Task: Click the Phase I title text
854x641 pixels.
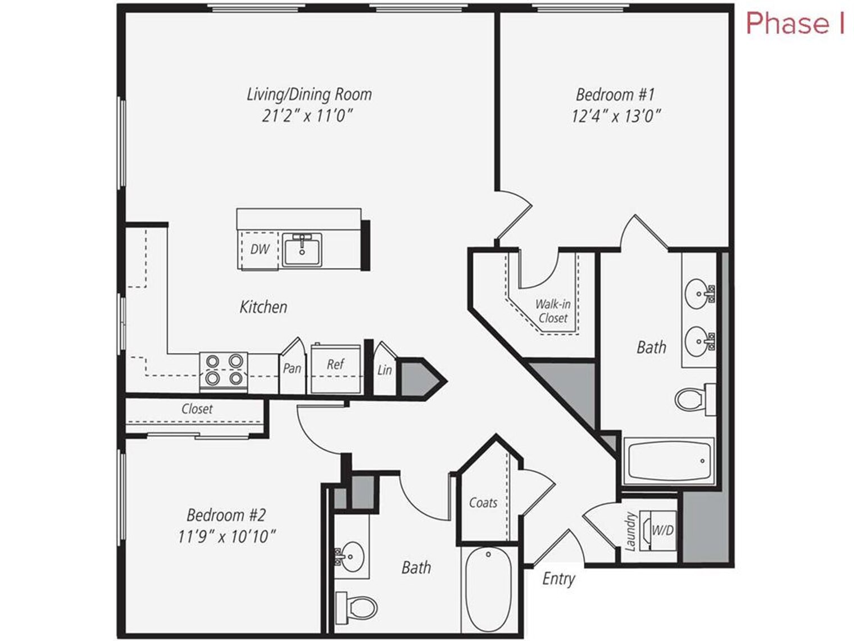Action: point(794,24)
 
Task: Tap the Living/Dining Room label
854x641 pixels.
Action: point(309,94)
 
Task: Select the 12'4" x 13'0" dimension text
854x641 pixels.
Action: point(616,116)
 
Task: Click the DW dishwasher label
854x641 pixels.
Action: point(260,249)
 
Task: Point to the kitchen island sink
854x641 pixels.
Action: point(302,250)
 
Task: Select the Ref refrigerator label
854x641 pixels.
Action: point(335,364)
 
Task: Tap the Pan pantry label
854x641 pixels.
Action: point(292,369)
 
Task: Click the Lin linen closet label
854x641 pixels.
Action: point(384,370)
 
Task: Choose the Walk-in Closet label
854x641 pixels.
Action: point(552,311)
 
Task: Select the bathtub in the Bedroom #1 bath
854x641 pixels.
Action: point(668,461)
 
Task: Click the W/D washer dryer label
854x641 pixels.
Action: point(662,530)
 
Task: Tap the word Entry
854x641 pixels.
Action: point(558,579)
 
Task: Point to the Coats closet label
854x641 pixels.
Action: point(483,503)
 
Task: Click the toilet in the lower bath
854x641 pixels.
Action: point(357,607)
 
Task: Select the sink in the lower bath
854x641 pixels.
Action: point(352,556)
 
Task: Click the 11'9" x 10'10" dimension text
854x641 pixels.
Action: point(226,537)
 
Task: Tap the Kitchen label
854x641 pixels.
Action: point(263,307)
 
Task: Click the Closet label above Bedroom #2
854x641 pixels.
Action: point(197,409)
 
